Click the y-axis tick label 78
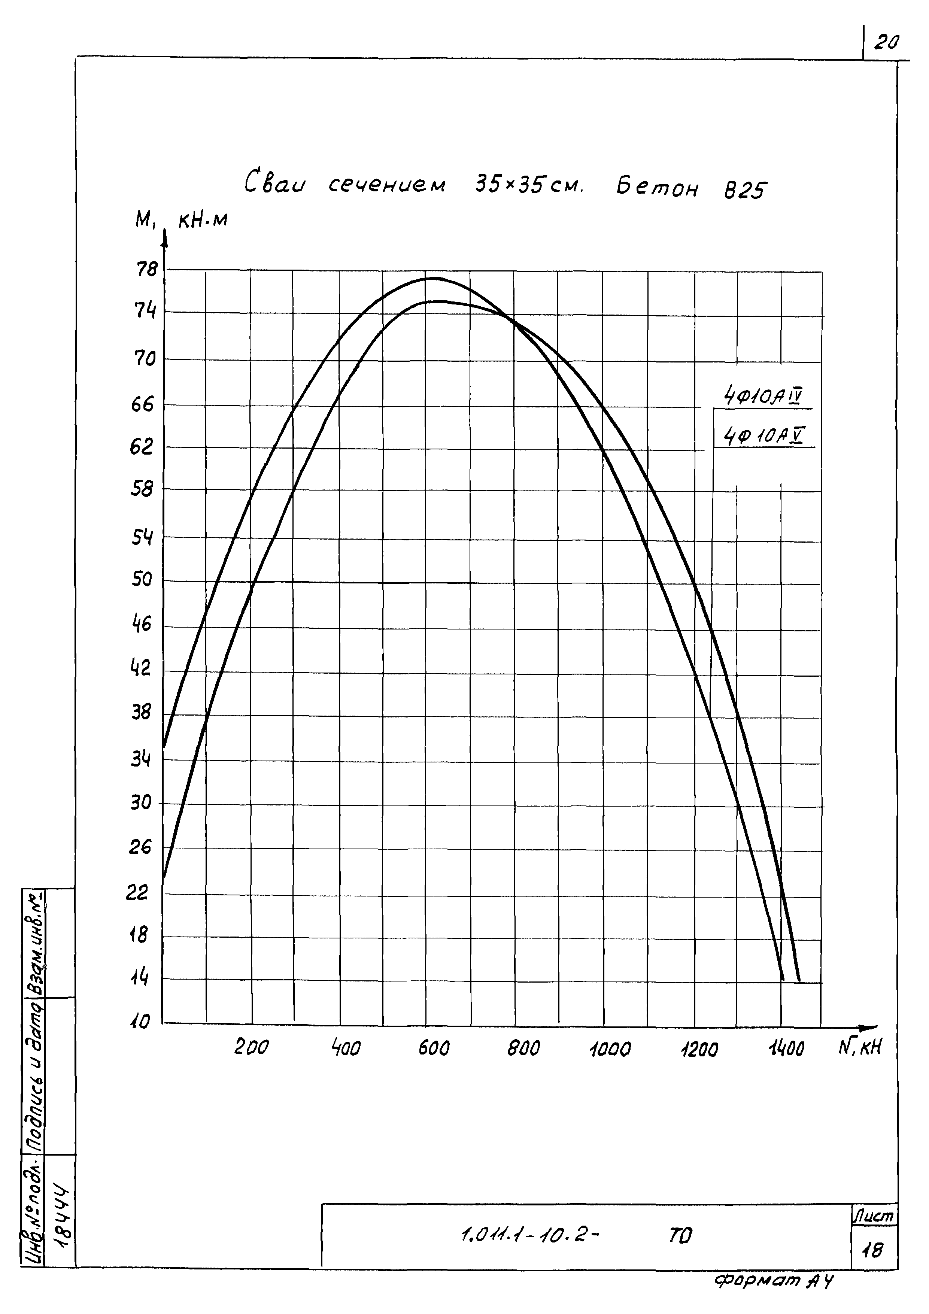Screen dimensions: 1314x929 [146, 269]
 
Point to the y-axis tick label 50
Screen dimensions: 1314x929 [142, 580]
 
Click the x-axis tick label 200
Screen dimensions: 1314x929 [251, 1048]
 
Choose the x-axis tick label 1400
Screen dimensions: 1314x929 [786, 1049]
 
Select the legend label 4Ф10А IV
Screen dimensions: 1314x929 [763, 396]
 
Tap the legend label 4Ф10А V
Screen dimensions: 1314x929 [763, 437]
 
